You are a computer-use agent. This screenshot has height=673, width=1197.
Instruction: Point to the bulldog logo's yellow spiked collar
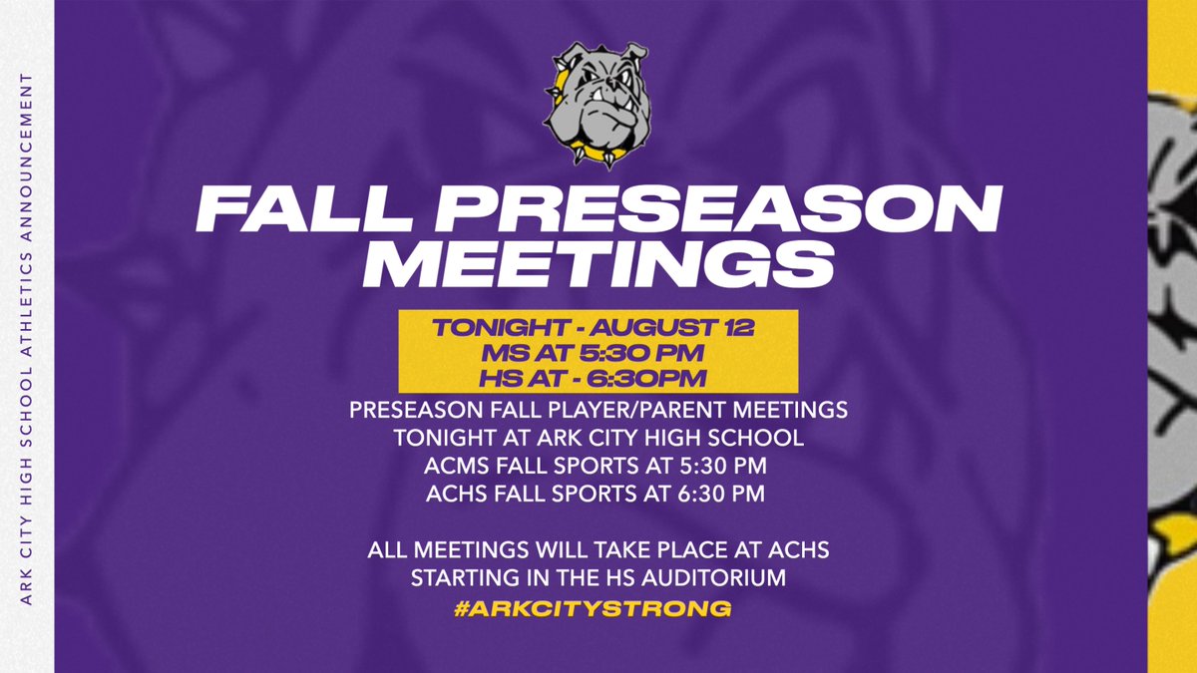tap(590, 155)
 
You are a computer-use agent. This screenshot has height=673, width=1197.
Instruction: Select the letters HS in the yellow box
tap(495, 379)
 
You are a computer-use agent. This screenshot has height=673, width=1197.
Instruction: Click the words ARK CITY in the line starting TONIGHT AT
tap(565, 437)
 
